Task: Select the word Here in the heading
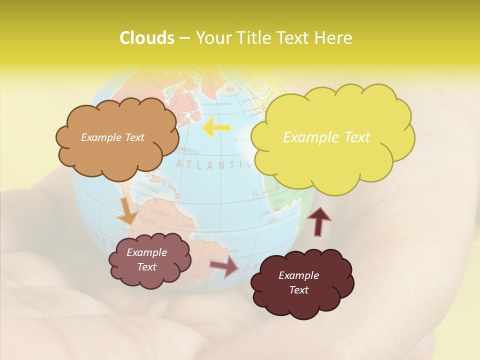click(x=334, y=38)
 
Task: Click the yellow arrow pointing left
click(x=216, y=128)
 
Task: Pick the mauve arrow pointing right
click(x=224, y=267)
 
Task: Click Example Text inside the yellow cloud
click(x=326, y=137)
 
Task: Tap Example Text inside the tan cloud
click(x=112, y=137)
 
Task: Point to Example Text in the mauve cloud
click(x=146, y=259)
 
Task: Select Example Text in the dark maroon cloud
click(x=298, y=282)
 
